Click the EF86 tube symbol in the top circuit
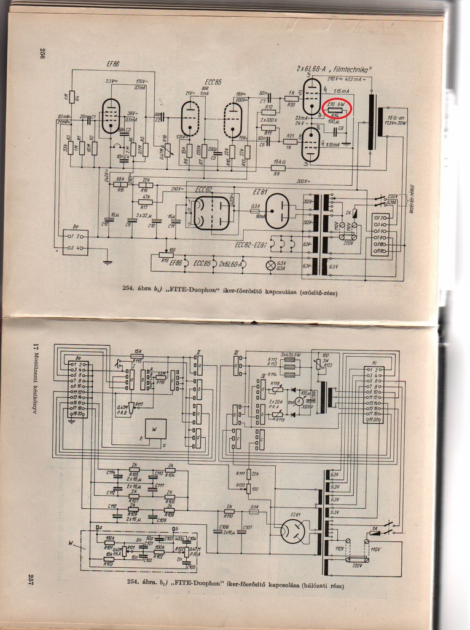click(111, 116)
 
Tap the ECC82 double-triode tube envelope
click(211, 213)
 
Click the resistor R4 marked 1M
click(71, 97)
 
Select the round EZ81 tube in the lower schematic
click(293, 531)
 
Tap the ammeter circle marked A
click(299, 401)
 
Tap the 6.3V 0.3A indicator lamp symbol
click(268, 265)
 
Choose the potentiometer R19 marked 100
click(163, 254)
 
